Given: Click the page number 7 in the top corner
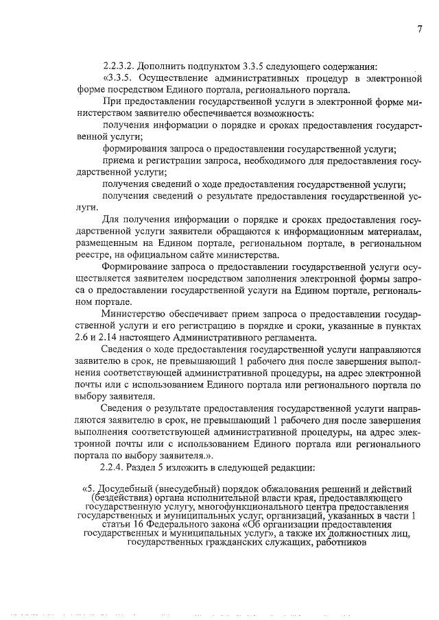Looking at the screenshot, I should (x=418, y=28).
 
